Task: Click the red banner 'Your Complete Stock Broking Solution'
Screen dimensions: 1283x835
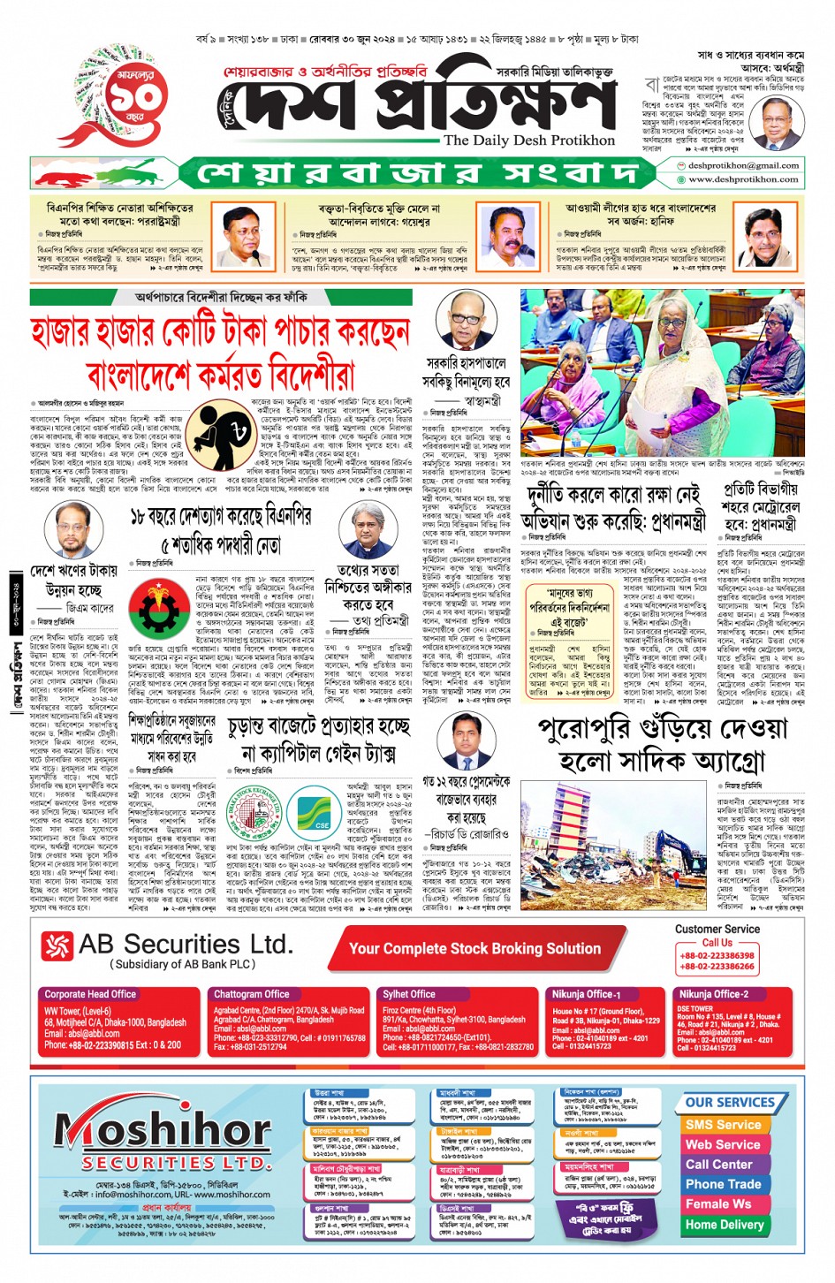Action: coord(474,949)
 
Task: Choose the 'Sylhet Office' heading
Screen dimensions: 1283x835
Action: coord(409,994)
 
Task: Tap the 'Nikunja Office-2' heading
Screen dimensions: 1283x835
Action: coord(712,994)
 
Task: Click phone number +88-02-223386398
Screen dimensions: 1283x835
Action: coord(717,955)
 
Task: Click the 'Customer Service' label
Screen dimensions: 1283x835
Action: coord(717,929)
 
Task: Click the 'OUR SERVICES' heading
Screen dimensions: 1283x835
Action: coord(729,1103)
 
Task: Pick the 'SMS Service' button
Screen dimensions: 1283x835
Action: coord(723,1125)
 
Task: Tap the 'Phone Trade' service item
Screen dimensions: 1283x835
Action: coord(723,1184)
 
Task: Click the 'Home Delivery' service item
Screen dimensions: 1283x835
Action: coord(724,1225)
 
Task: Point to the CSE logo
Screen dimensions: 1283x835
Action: coord(322,819)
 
